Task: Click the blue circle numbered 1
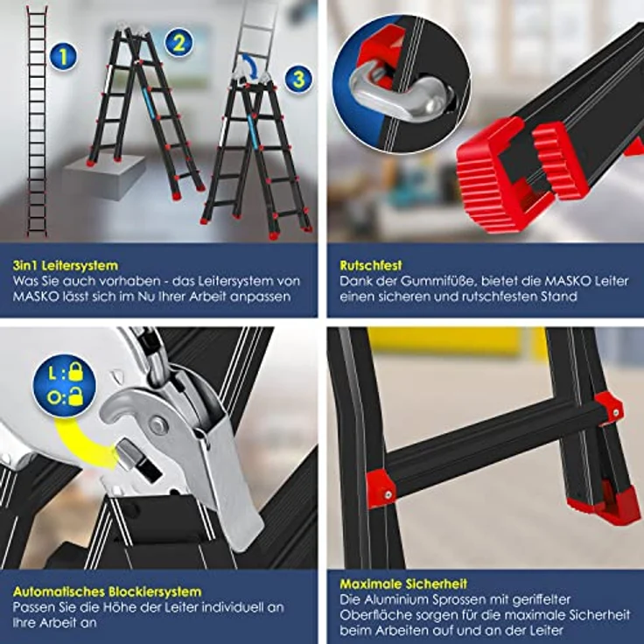64,56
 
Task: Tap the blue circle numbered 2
179,42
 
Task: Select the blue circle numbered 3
298,79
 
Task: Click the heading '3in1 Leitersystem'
66,265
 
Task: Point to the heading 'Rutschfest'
371,265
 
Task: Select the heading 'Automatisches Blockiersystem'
108,591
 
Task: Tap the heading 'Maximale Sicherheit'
403,584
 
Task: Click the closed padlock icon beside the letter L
76,371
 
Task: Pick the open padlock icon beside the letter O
76,396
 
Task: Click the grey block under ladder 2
104,177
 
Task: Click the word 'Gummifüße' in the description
438,282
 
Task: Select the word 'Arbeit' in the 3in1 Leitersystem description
207,297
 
